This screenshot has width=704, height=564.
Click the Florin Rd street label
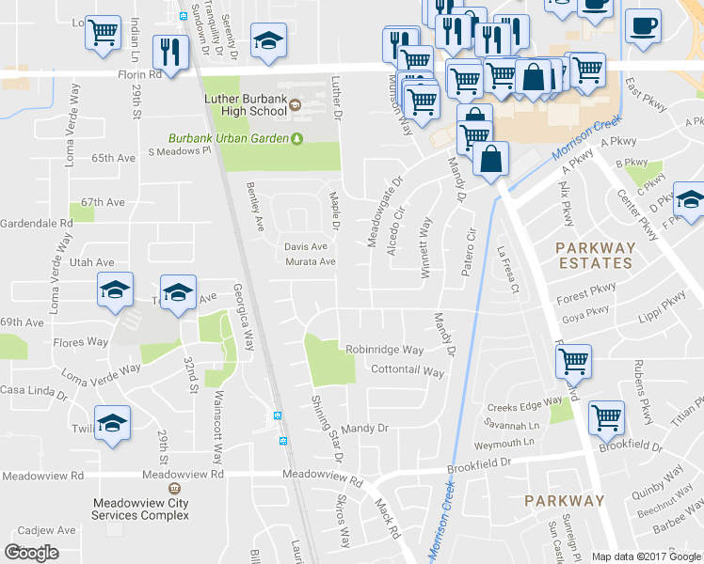point(141,71)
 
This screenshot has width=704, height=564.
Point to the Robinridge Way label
point(384,349)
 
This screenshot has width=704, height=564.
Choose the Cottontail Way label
point(407,371)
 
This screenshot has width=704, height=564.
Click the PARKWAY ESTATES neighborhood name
point(596,256)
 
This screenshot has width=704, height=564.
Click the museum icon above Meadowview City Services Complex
point(174,489)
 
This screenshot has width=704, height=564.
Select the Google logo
point(32,552)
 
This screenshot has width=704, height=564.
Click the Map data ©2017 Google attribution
point(646,556)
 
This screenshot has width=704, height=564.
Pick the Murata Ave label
point(310,261)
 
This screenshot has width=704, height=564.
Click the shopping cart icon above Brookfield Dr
point(606,415)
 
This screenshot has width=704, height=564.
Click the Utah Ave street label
point(90,262)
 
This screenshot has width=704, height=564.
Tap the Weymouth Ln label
point(504,443)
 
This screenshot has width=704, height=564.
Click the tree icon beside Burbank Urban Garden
point(297,139)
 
